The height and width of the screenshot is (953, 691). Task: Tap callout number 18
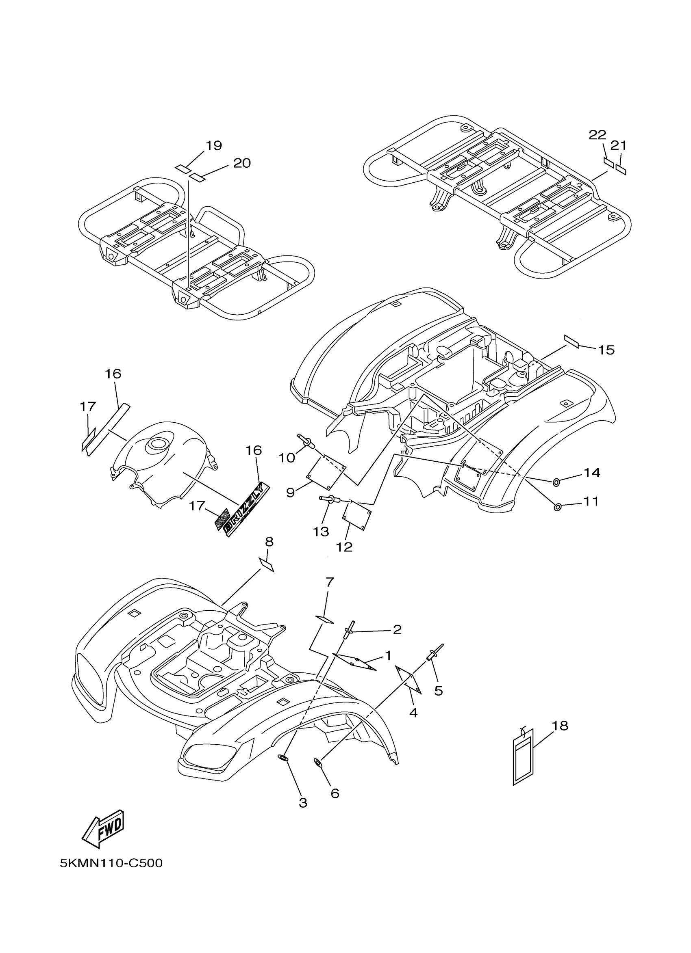(x=559, y=725)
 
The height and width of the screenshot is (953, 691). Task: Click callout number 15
(x=606, y=350)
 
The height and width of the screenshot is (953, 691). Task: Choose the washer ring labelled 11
(x=558, y=508)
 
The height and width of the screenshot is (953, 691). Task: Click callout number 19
(x=214, y=145)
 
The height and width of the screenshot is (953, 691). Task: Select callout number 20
(x=242, y=163)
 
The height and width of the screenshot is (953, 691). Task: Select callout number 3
(x=303, y=803)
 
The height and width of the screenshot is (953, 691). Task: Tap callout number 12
(x=344, y=547)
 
